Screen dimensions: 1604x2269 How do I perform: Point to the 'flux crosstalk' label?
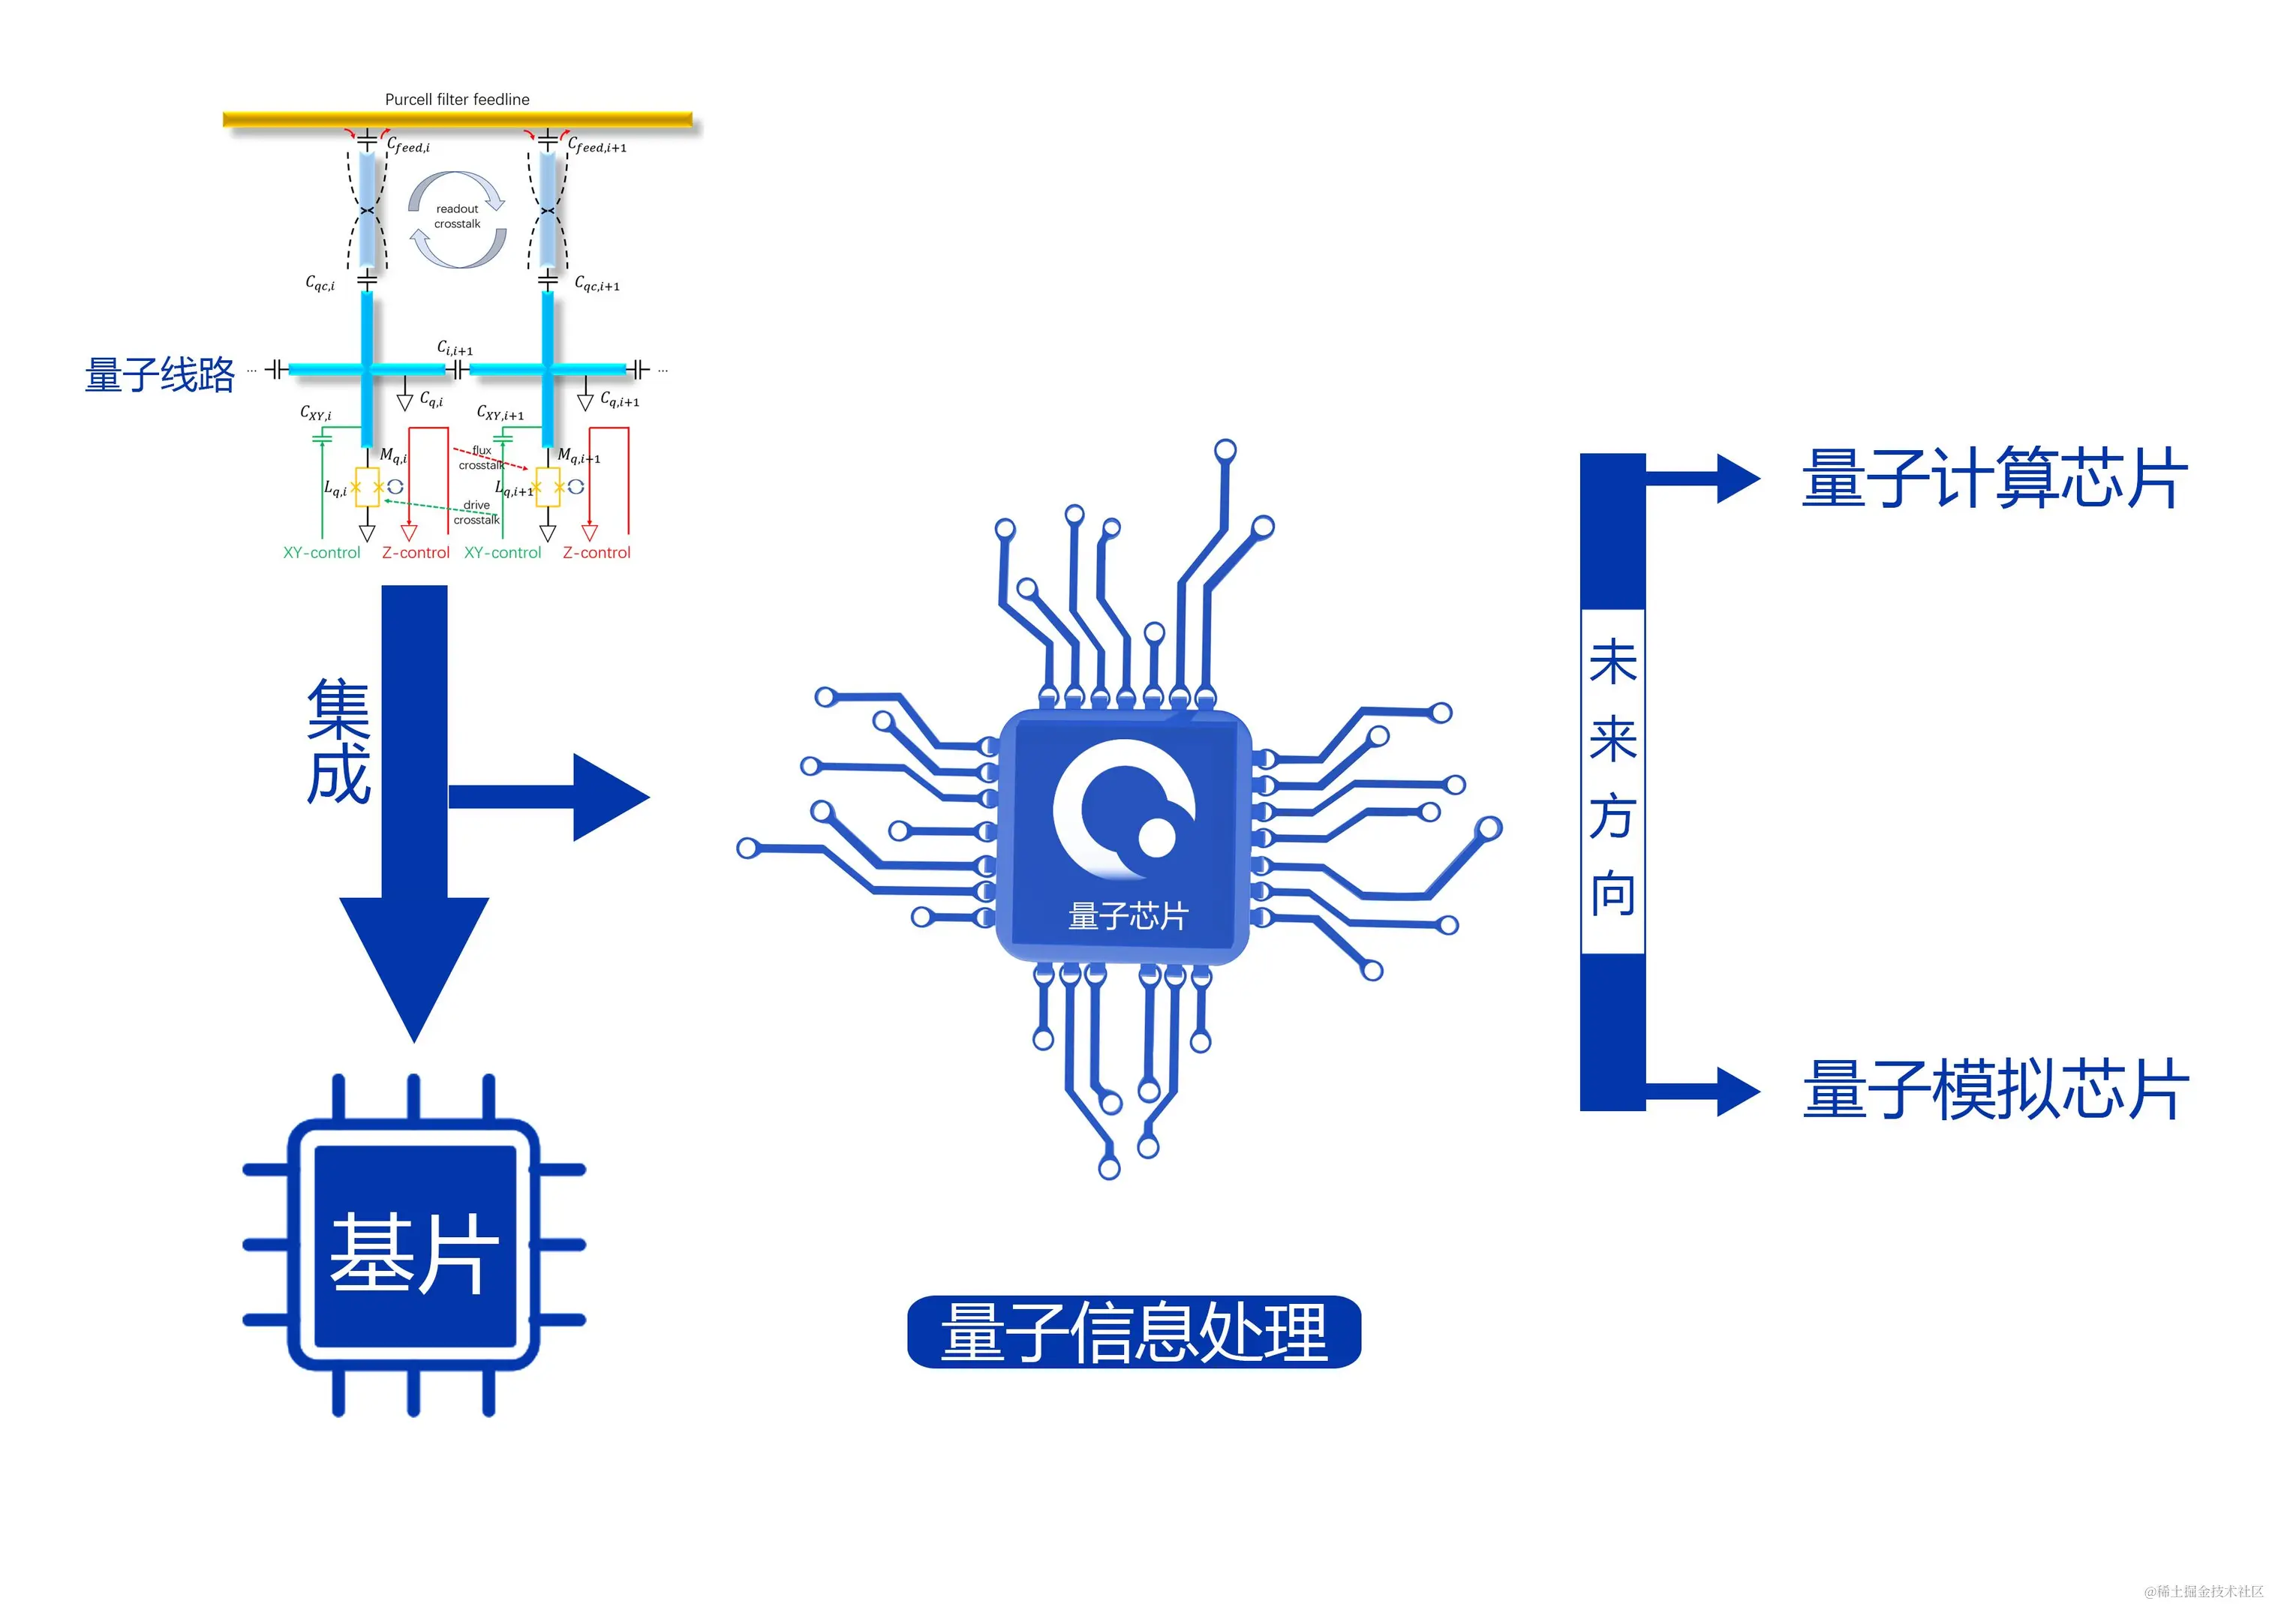(480, 458)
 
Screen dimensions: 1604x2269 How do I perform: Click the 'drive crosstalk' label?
(476, 512)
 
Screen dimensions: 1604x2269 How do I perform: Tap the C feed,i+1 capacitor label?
(597, 146)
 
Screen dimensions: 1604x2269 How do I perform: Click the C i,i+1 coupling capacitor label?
(455, 349)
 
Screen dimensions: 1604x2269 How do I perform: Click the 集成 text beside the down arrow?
(338, 740)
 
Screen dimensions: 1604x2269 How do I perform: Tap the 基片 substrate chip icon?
(414, 1245)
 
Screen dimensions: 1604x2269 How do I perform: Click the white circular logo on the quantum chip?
(1124, 810)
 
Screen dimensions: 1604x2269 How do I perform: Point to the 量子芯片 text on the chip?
(1128, 916)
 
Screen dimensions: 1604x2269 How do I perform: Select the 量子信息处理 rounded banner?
(1134, 1332)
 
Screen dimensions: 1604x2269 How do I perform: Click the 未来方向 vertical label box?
(1612, 781)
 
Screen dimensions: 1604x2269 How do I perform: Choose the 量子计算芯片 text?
(1994, 479)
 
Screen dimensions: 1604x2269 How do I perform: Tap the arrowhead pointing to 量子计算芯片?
(1737, 479)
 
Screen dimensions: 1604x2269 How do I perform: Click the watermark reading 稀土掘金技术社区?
(2203, 1591)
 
